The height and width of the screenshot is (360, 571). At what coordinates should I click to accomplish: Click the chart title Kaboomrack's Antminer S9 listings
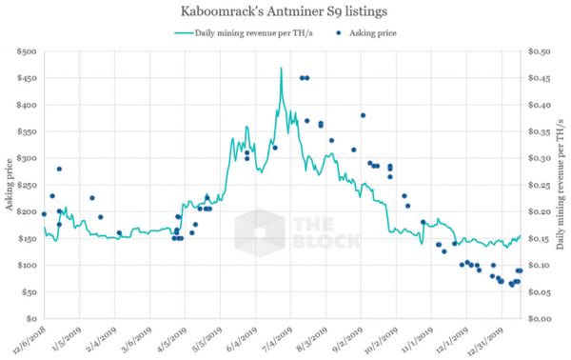point(285,12)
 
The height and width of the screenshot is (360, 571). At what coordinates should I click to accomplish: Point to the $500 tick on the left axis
point(26,51)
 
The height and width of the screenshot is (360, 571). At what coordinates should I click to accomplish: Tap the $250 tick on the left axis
point(26,185)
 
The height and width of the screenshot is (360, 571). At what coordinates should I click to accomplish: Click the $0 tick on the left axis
point(30,318)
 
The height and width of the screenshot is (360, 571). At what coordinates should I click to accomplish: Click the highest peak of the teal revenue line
point(281,69)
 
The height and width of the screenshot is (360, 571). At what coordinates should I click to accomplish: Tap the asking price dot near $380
point(364,115)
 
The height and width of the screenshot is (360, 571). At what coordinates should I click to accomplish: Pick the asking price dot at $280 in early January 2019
point(59,169)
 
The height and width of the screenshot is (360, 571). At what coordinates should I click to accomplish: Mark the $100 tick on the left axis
point(26,265)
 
